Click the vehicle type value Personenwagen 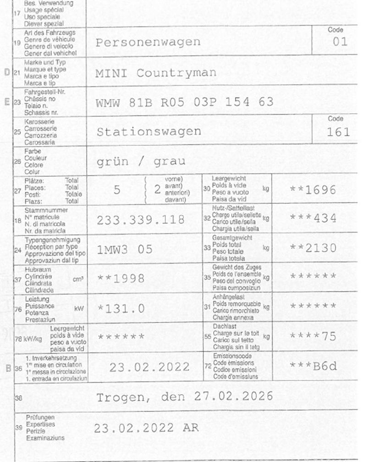coord(148,43)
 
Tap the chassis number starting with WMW coord(184,102)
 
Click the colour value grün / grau coord(141,161)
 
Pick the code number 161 coord(338,132)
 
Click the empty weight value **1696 coord(313,190)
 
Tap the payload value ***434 coord(313,219)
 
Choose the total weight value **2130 coord(313,248)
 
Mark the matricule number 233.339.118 coord(140,220)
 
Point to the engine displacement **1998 coord(121,278)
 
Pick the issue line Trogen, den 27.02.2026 coord(184,396)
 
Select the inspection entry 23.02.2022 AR coord(146,429)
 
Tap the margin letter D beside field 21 coord(6,72)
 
